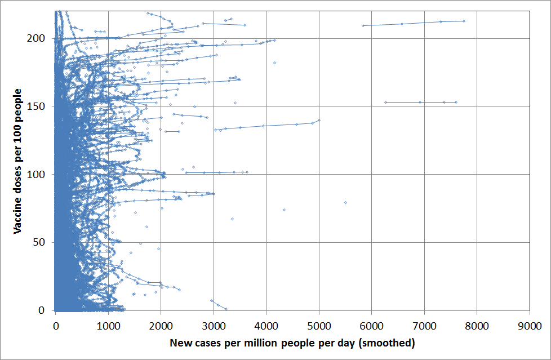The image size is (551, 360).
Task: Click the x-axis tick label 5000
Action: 319,326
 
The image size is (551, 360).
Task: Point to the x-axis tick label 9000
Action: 530,326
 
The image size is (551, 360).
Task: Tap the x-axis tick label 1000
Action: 108,326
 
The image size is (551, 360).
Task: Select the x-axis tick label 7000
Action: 424,326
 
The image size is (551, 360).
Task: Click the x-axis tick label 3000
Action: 214,326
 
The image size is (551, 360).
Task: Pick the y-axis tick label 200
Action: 38,38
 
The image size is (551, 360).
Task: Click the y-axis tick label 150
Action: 38,106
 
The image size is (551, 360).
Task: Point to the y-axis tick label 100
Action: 38,175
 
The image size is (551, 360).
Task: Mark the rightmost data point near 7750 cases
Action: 464,21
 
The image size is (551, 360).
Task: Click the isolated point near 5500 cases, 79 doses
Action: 345,202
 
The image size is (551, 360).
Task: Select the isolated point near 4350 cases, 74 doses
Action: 284,210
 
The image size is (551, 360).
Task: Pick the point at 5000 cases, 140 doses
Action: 319,120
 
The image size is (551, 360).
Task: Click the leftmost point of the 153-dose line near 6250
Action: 385,102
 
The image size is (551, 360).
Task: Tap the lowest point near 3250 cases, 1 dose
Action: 226,309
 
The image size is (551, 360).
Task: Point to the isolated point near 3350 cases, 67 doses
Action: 232,219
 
